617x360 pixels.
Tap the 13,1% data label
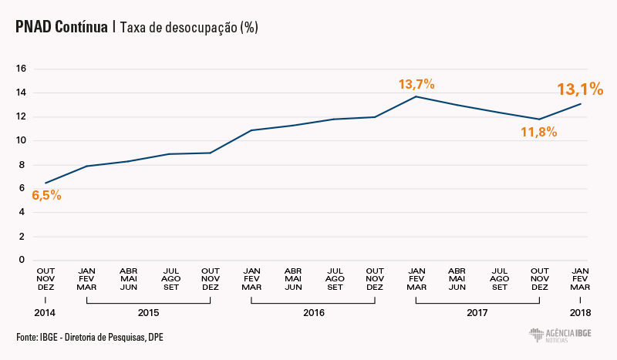580,89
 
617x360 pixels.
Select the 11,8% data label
538,132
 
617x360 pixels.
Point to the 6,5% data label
46,195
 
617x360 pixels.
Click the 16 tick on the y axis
22,69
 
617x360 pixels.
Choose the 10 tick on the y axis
22,140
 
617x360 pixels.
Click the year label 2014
46,313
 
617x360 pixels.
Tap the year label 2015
148,313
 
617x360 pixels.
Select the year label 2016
313,313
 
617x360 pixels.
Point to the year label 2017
477,313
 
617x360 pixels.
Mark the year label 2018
580,313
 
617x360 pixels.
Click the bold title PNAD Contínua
62,27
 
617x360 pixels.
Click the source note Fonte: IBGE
89,337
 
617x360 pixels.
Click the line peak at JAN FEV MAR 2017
416,96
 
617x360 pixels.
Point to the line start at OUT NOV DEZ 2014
46,183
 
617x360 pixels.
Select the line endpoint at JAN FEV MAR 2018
581,103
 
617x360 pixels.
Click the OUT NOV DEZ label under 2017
539,278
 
